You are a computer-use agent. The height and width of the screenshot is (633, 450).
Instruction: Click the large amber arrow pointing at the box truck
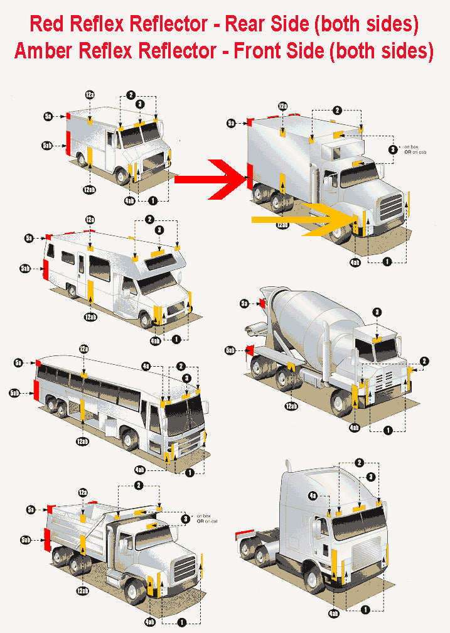301,219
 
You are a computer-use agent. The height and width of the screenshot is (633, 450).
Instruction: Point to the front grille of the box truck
391,207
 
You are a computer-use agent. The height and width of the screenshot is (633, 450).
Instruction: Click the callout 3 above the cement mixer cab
377,312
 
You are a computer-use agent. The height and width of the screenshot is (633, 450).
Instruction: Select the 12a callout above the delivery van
90,94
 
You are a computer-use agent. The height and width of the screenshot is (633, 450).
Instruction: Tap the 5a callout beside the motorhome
29,238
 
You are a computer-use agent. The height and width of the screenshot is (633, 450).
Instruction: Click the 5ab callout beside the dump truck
26,539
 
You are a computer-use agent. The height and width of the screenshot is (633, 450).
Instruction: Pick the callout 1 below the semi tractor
365,608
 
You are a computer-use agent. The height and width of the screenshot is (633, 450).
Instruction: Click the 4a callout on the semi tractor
313,495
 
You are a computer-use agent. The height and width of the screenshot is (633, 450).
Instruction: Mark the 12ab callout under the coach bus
83,442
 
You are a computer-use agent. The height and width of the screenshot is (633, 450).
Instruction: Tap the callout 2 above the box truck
337,111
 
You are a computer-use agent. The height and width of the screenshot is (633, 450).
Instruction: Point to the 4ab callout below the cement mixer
354,428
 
